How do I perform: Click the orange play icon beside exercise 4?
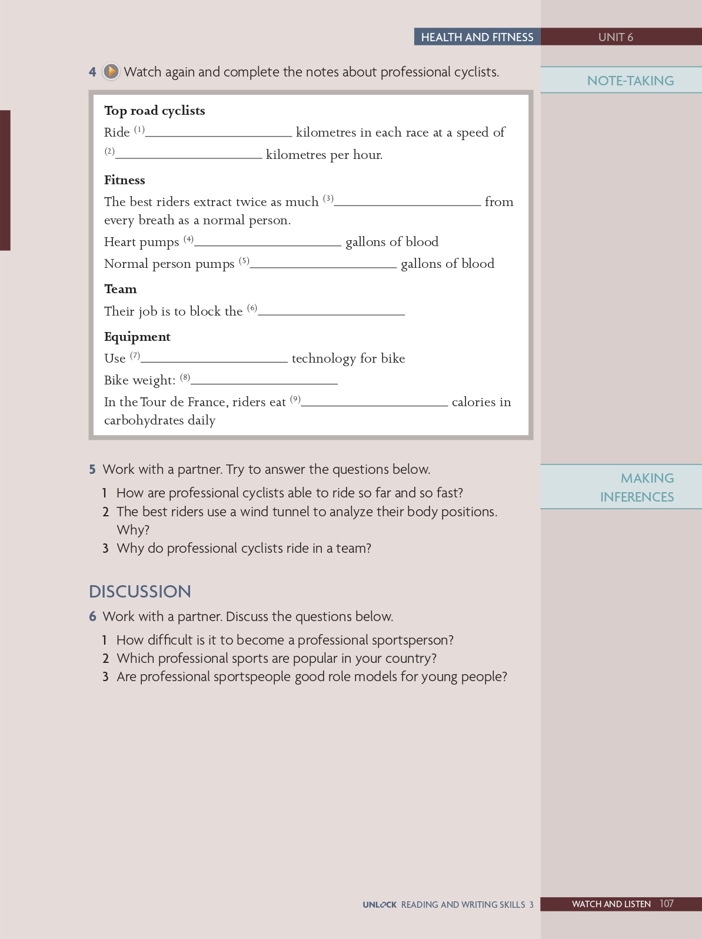click(x=111, y=72)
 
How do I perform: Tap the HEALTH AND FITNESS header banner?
click(x=477, y=37)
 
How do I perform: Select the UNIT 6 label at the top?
click(x=616, y=37)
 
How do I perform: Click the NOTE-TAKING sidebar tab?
click(x=630, y=81)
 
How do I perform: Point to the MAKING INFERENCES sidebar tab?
click(x=637, y=487)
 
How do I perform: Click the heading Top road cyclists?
click(x=155, y=111)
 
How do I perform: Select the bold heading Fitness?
click(x=125, y=180)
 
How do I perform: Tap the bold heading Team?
click(x=121, y=289)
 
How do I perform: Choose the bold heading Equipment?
click(x=137, y=337)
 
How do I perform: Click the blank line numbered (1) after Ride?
click(x=218, y=132)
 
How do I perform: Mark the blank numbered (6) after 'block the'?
click(x=331, y=311)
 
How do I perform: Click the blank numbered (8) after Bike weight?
click(x=264, y=380)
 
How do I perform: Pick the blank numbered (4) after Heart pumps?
click(x=268, y=242)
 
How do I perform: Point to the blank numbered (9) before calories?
click(x=374, y=402)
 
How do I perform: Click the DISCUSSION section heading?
click(x=140, y=592)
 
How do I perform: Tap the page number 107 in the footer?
click(x=667, y=904)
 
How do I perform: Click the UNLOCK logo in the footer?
click(x=380, y=905)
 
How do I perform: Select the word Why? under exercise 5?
click(x=133, y=530)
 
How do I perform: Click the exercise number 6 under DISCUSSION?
click(x=92, y=616)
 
